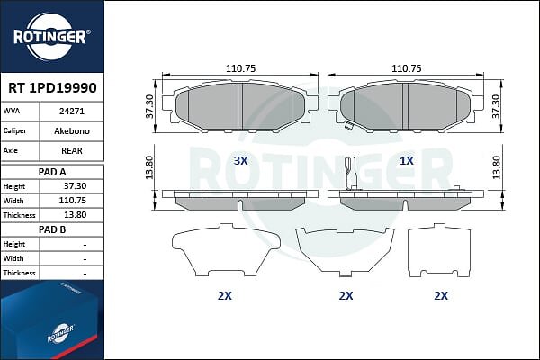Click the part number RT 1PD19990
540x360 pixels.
[x=52, y=88]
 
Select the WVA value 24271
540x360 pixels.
[x=72, y=112]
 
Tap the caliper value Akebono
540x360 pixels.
[x=72, y=131]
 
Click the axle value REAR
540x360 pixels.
[x=72, y=151]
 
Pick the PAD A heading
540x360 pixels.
[x=52, y=172]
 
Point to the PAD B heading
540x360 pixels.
[x=52, y=229]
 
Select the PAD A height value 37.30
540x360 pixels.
[x=75, y=186]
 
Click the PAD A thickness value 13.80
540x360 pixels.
[x=75, y=215]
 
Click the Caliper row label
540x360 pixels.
[x=14, y=130]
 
